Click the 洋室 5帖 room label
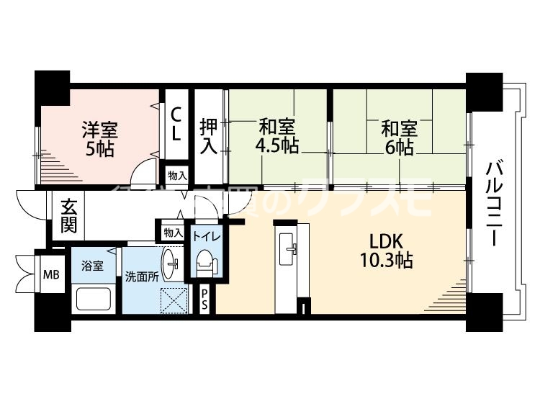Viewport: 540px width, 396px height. tap(99, 139)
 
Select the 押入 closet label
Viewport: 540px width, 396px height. tap(208, 135)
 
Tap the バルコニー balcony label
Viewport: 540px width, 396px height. tap(494, 204)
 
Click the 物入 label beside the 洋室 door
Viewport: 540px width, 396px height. tap(176, 175)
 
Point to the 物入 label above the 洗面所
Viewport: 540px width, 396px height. tap(173, 233)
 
